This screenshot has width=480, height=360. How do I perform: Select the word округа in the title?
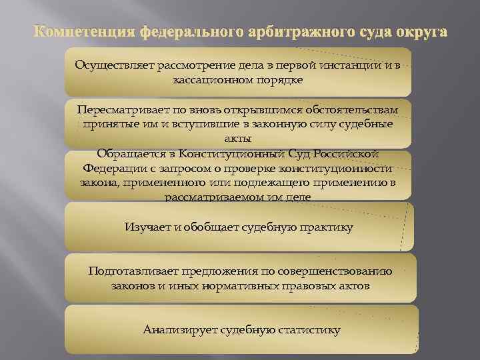coord(417,33)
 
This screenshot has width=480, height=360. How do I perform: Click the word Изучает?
coord(145,227)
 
